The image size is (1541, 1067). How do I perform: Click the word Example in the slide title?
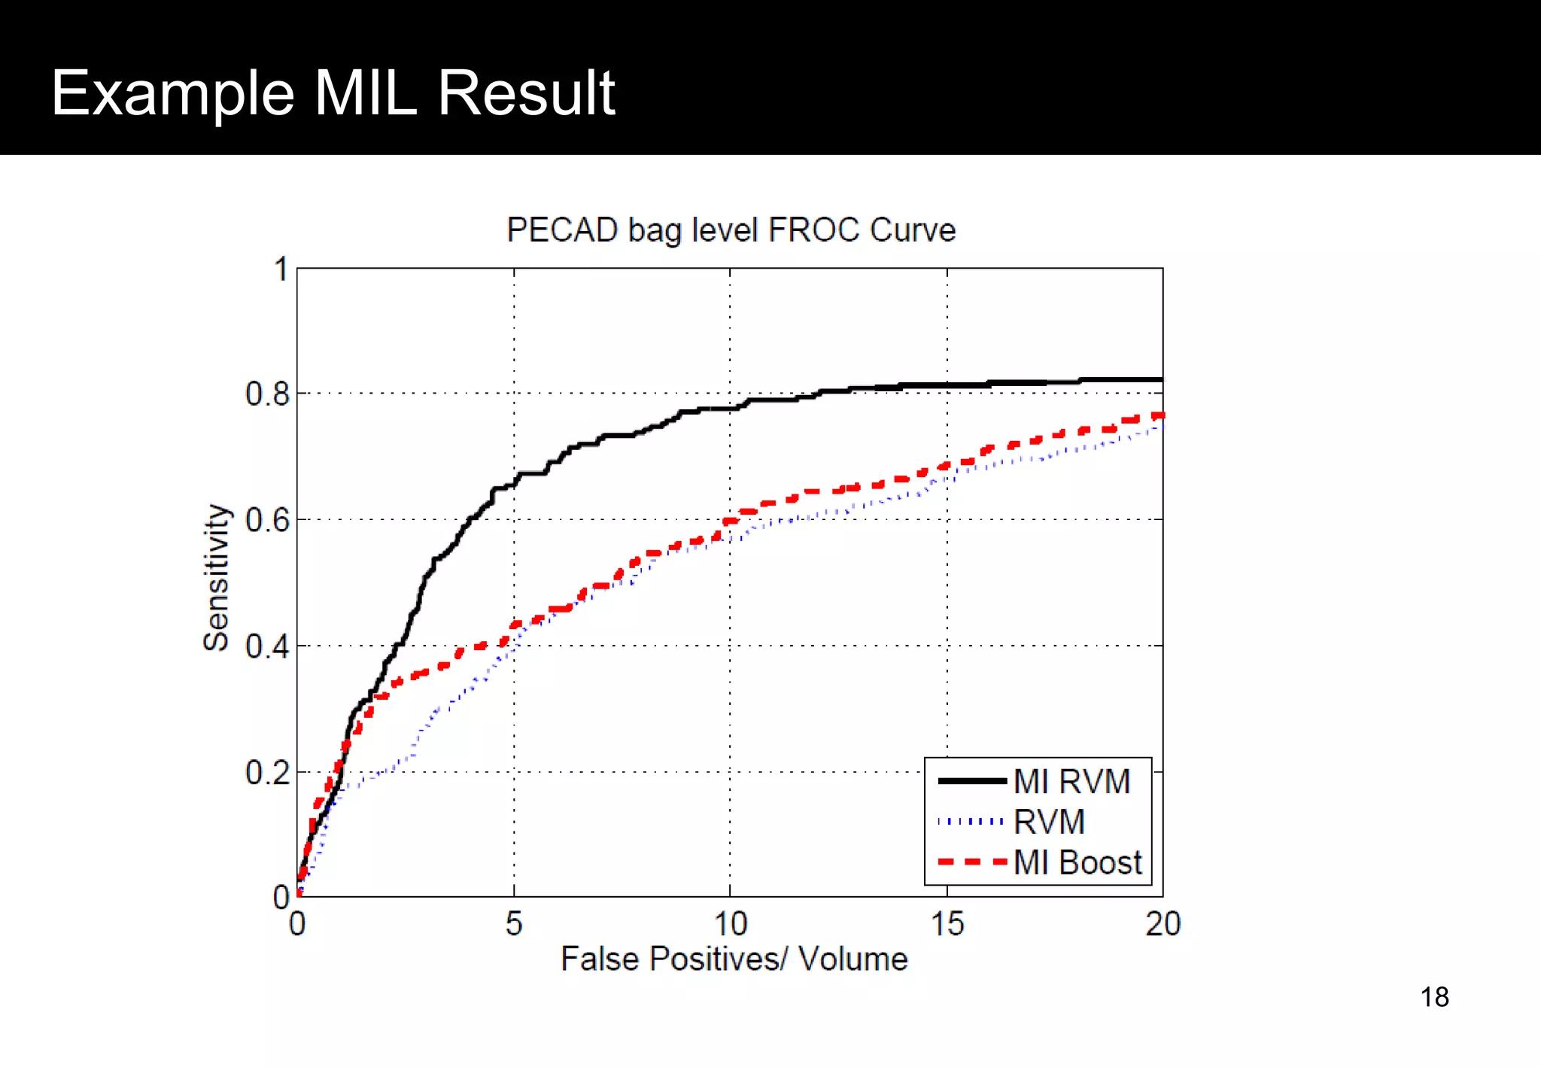pyautogui.click(x=172, y=93)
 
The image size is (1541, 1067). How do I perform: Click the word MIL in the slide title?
pyautogui.click(x=365, y=93)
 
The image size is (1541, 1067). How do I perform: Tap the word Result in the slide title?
pyautogui.click(x=526, y=93)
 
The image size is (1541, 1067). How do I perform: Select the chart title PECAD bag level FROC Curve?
pyautogui.click(x=731, y=230)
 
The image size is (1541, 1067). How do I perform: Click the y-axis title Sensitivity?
pyautogui.click(x=216, y=577)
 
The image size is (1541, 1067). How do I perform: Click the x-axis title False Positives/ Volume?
pyautogui.click(x=734, y=959)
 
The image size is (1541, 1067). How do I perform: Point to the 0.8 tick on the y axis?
pyautogui.click(x=267, y=394)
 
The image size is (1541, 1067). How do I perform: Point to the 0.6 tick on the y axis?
pyautogui.click(x=267, y=520)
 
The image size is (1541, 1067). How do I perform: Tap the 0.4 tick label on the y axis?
pyautogui.click(x=267, y=646)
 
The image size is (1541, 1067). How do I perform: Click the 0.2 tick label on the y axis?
pyautogui.click(x=267, y=773)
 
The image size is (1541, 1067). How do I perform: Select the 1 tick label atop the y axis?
pyautogui.click(x=281, y=269)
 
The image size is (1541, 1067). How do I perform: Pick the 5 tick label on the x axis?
pyautogui.click(x=514, y=924)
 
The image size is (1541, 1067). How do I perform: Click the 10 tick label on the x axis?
pyautogui.click(x=730, y=924)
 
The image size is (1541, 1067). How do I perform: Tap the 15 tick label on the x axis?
pyautogui.click(x=947, y=924)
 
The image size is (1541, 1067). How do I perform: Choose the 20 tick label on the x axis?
pyautogui.click(x=1163, y=924)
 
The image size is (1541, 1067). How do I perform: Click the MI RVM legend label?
pyautogui.click(x=1071, y=781)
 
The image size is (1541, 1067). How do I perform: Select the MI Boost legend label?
pyautogui.click(x=1077, y=862)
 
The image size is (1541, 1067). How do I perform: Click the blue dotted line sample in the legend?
pyautogui.click(x=971, y=822)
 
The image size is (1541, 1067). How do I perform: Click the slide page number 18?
pyautogui.click(x=1434, y=997)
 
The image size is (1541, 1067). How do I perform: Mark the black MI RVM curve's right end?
pyautogui.click(x=1161, y=380)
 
